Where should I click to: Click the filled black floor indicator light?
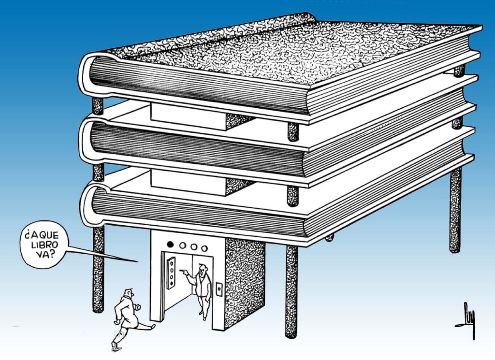[x=170, y=245]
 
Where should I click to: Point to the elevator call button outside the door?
[x=218, y=289]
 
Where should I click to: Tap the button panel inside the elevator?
[x=170, y=274]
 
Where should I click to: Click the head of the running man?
[x=128, y=293]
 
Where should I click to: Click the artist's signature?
[x=466, y=319]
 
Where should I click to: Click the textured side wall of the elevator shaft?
[x=244, y=280]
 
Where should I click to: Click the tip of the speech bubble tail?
[x=137, y=261]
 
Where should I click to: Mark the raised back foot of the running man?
[x=115, y=345]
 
